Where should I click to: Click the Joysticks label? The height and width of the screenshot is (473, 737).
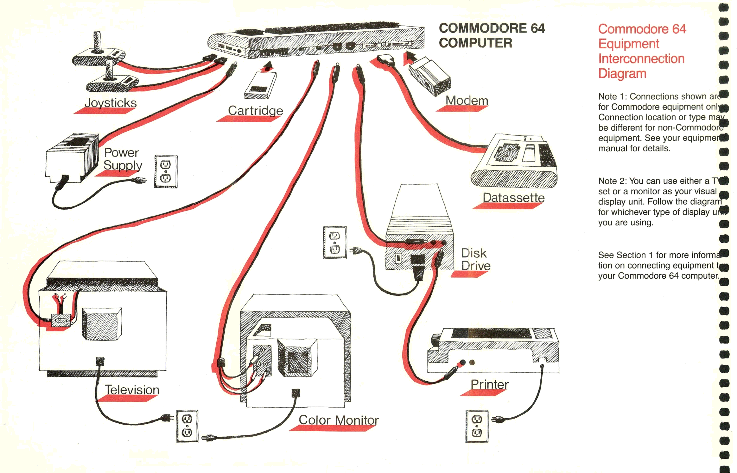(x=110, y=103)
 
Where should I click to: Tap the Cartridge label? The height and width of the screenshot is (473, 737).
(x=255, y=111)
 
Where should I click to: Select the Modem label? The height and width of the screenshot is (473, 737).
(x=467, y=101)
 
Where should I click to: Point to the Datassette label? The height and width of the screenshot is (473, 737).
(x=513, y=198)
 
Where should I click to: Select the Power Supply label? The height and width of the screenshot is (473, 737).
(x=122, y=159)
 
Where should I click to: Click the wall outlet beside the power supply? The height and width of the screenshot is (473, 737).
(x=166, y=171)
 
